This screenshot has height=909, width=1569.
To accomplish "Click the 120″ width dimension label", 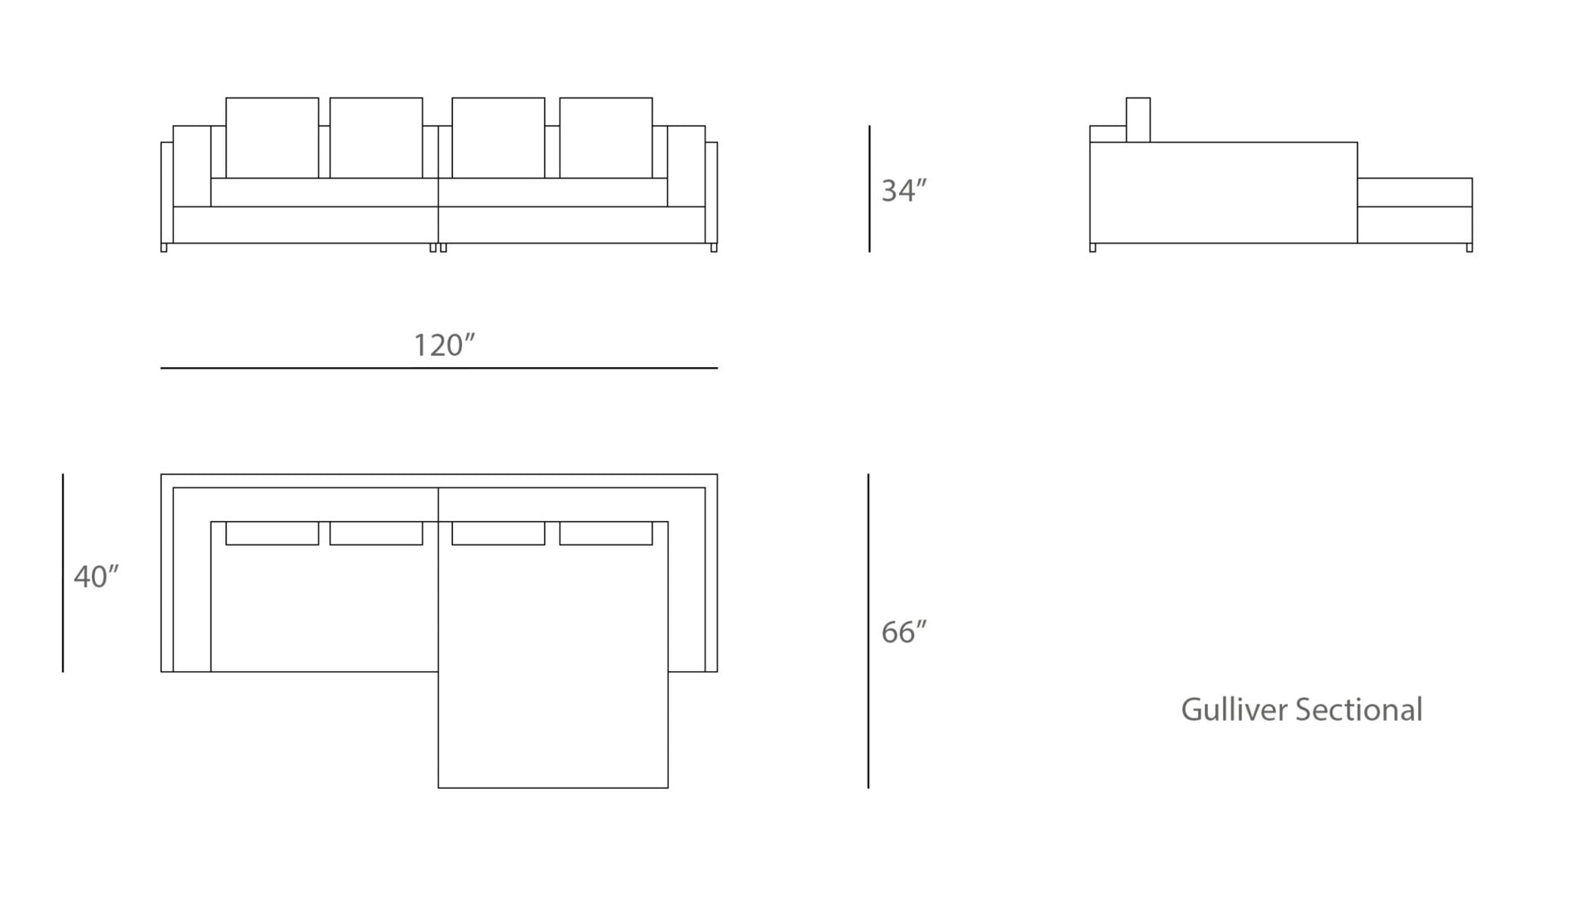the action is pyautogui.click(x=444, y=345).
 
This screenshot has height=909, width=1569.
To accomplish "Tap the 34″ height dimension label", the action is pyautogui.click(x=904, y=190).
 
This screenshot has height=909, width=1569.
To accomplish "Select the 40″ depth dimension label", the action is pyautogui.click(x=96, y=577).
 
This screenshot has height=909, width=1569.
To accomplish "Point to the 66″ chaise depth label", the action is pyautogui.click(x=904, y=632).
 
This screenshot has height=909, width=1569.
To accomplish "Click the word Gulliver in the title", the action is pyautogui.click(x=1234, y=710).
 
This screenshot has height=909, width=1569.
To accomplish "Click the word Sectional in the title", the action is pyautogui.click(x=1359, y=710).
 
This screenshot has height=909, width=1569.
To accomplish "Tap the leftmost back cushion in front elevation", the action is pyautogui.click(x=273, y=138).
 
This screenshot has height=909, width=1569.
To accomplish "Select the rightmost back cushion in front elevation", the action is pyautogui.click(x=606, y=138).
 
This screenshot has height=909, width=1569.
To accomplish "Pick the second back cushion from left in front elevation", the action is pyautogui.click(x=377, y=138).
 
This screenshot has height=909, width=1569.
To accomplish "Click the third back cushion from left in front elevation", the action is pyautogui.click(x=498, y=138).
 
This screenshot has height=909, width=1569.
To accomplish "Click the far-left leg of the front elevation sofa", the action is pyautogui.click(x=164, y=248).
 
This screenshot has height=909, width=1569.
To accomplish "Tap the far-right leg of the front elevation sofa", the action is pyautogui.click(x=714, y=248).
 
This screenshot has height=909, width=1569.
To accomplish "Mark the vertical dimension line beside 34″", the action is pyautogui.click(x=869, y=189).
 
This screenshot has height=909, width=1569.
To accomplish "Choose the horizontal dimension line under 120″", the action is pyautogui.click(x=439, y=368).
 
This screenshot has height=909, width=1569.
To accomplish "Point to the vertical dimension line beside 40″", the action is pyautogui.click(x=63, y=573).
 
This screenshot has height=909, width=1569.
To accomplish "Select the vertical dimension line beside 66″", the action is pyautogui.click(x=868, y=631).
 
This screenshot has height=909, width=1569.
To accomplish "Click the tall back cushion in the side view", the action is pyautogui.click(x=1138, y=120).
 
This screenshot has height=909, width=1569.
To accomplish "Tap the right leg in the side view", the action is pyautogui.click(x=1469, y=248).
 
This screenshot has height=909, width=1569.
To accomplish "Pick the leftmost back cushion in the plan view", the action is pyautogui.click(x=273, y=533).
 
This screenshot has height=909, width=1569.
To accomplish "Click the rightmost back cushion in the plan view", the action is pyautogui.click(x=606, y=533).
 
